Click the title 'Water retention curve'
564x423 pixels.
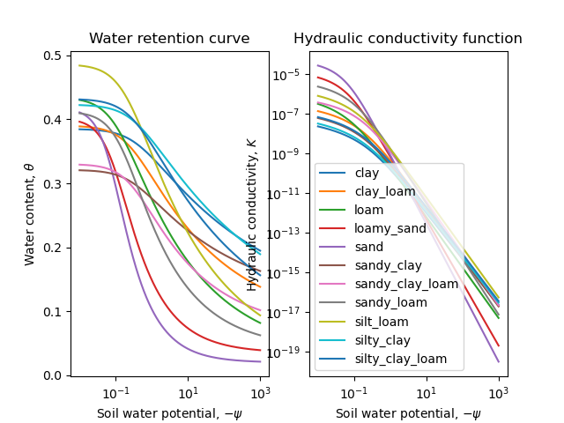click(x=169, y=39)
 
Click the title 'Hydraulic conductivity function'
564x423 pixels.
click(x=408, y=39)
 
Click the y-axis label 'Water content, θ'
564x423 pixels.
click(x=29, y=214)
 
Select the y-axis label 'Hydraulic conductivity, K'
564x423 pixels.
click(x=252, y=214)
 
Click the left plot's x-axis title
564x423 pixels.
click(x=169, y=413)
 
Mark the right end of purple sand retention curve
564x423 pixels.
click(x=260, y=361)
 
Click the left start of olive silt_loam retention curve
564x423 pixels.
click(x=78, y=65)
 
